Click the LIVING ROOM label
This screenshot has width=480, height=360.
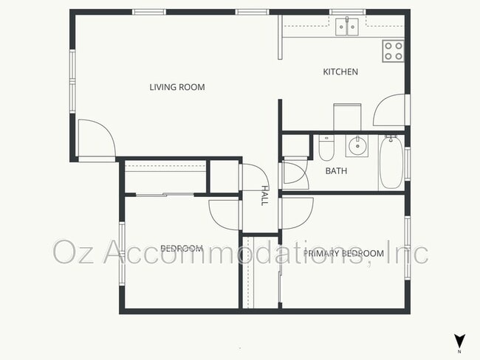[176, 87]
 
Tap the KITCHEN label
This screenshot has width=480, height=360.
[340, 72]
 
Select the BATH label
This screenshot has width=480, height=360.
[336, 171]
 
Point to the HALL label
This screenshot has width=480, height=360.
[264, 195]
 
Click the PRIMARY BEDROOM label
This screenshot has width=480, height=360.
[343, 254]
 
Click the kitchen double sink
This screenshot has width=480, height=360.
[346, 27]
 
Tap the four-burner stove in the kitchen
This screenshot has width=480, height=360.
[393, 50]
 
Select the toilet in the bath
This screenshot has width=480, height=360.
[326, 148]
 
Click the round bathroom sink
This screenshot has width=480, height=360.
[357, 145]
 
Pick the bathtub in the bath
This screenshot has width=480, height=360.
[391, 163]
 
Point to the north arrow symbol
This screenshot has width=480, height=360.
[460, 341]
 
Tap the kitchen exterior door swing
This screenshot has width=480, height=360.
[388, 111]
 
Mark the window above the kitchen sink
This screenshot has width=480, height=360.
[346, 11]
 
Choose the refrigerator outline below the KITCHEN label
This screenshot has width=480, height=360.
[347, 117]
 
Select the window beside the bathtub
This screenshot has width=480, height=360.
[406, 164]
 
